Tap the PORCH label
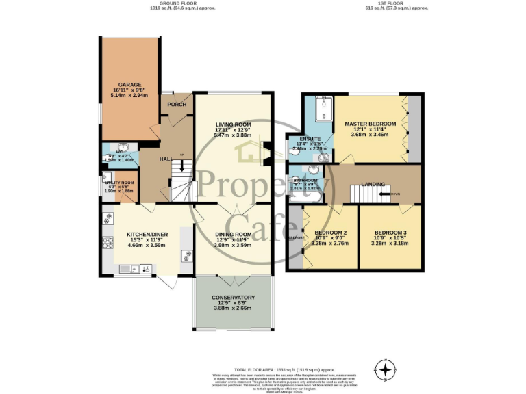[177, 105]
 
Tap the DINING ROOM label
[234, 234]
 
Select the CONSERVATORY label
[233, 298]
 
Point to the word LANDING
[373, 184]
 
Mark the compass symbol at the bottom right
[387, 370]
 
